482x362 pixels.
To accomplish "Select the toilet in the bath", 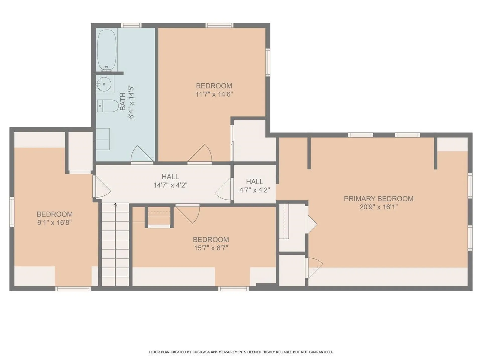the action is click(x=108, y=106).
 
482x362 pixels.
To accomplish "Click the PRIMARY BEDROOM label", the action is click(x=378, y=199).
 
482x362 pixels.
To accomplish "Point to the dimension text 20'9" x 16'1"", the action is click(x=378, y=207).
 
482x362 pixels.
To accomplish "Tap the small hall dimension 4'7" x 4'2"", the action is click(x=255, y=190).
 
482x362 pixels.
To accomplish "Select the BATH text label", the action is click(x=123, y=102).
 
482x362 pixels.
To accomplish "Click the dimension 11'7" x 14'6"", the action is click(x=214, y=94).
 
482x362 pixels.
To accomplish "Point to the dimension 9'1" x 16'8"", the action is click(x=54, y=222).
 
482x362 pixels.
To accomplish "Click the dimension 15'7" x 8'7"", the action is click(x=211, y=248).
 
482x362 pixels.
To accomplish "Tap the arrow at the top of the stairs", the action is click(x=115, y=205).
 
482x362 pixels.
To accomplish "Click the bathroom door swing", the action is click(x=142, y=154).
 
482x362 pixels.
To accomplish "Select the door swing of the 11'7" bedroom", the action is click(x=200, y=153).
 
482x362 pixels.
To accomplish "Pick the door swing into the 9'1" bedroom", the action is click(x=102, y=186).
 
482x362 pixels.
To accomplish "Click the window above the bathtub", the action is click(x=131, y=25).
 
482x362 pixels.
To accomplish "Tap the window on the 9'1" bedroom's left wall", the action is click(x=12, y=212).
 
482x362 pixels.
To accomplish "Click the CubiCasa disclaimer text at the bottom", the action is click(x=241, y=352).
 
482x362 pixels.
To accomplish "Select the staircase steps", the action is click(x=115, y=244).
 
